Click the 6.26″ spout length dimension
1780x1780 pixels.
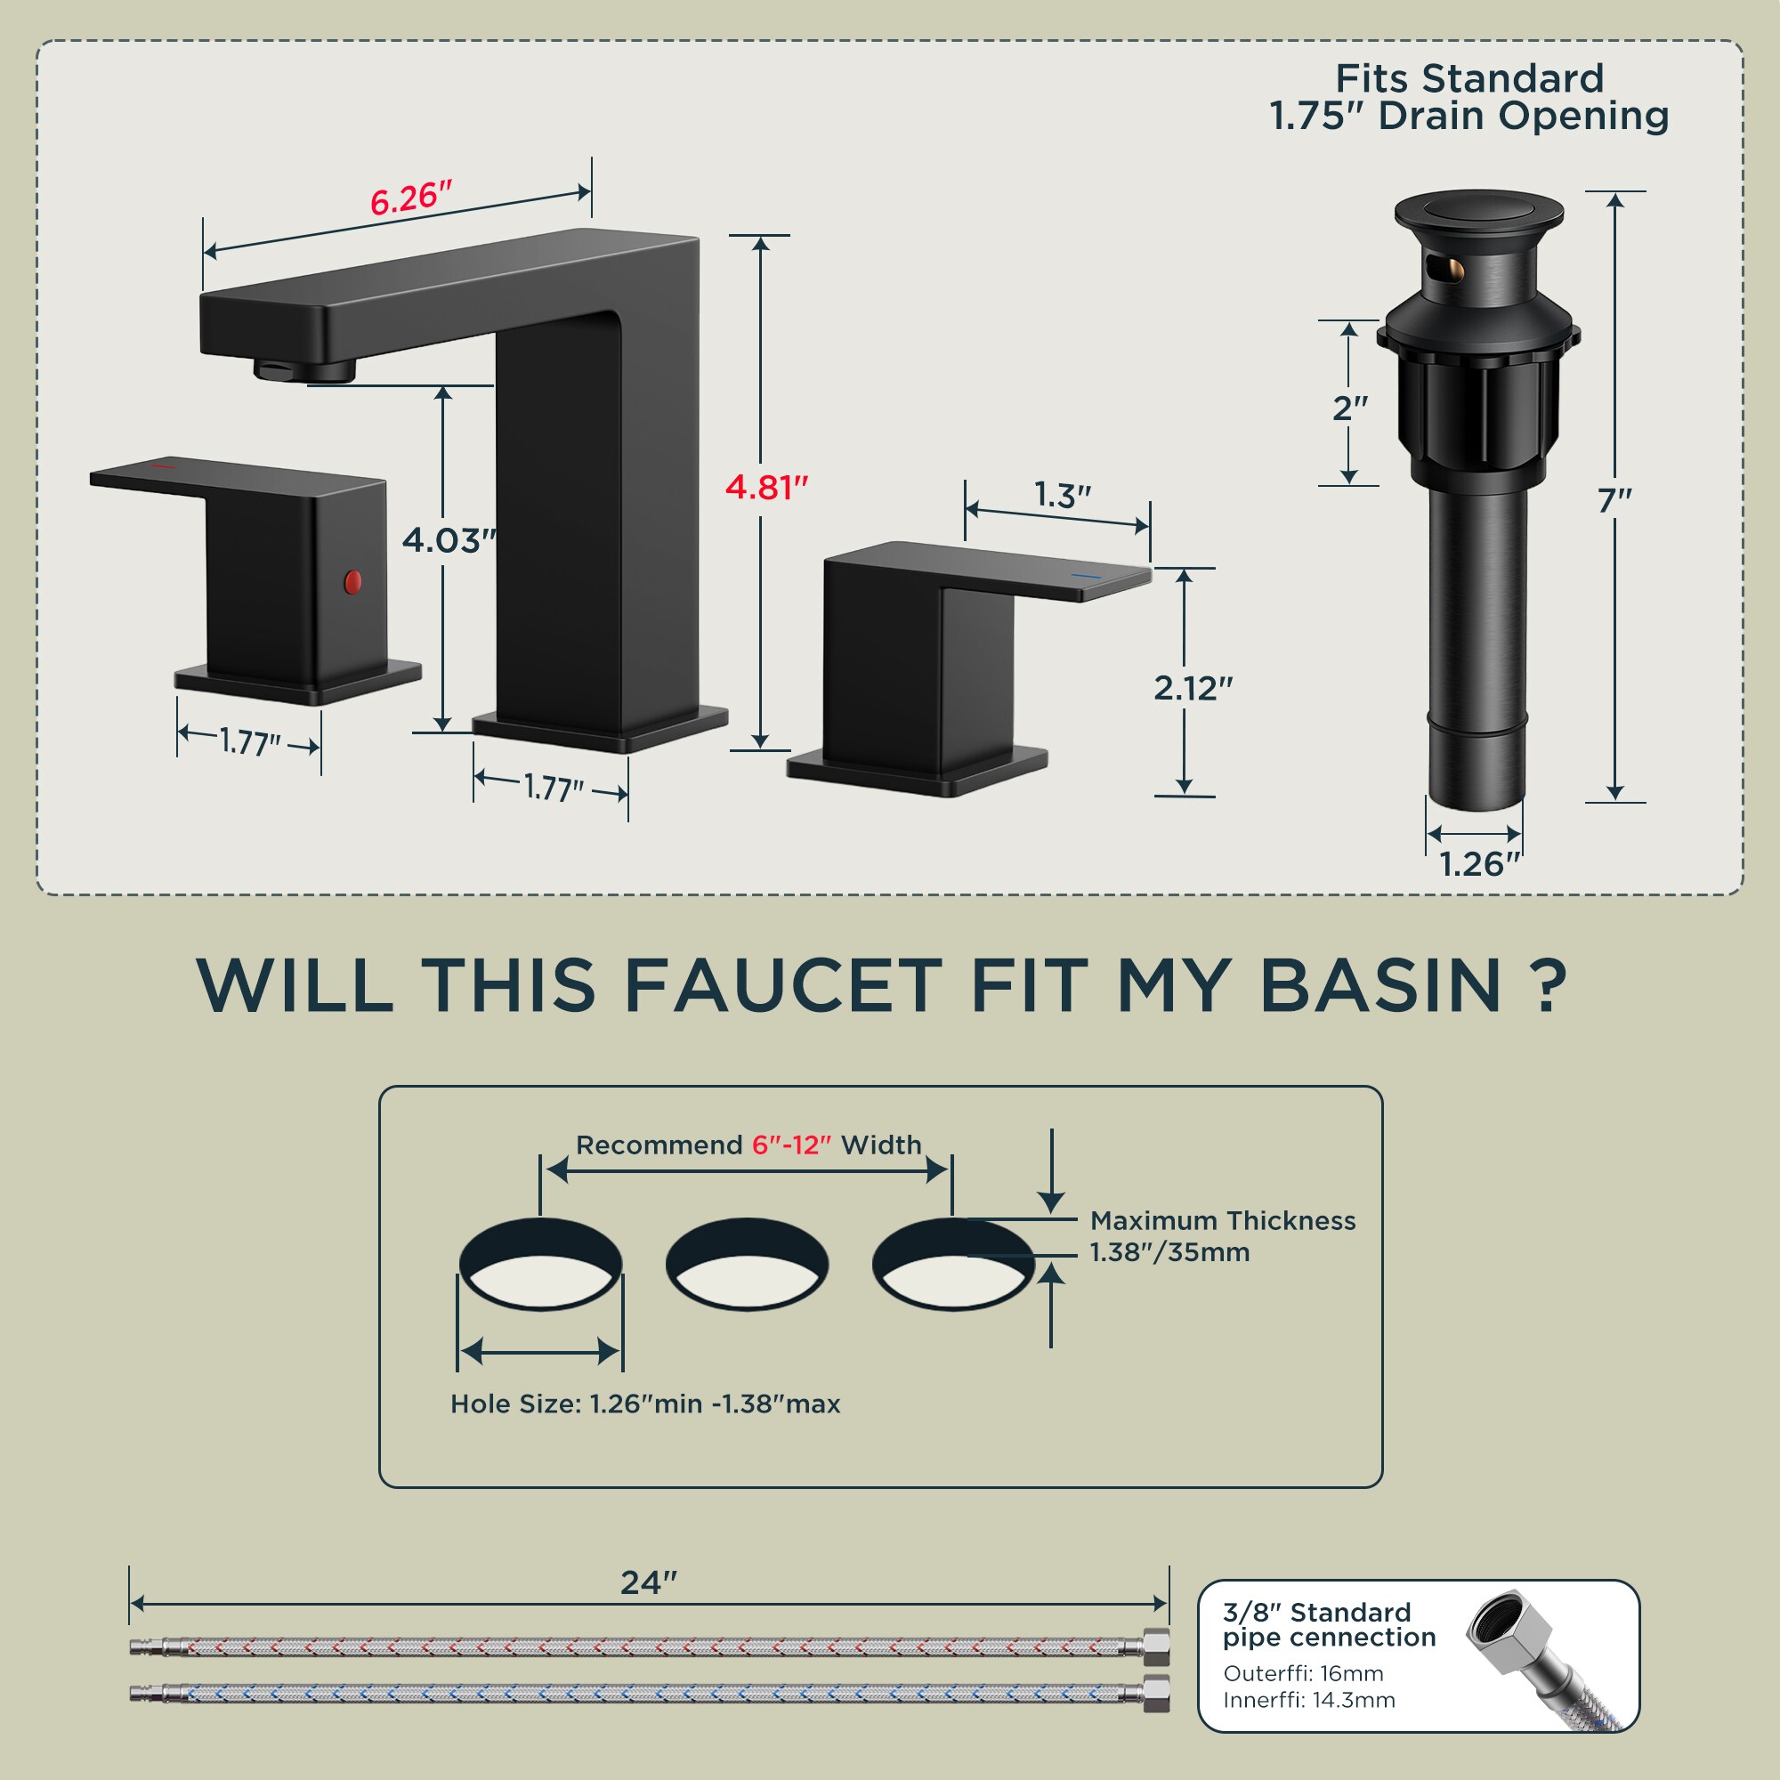[x=411, y=199]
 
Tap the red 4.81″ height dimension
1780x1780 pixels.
[x=765, y=488]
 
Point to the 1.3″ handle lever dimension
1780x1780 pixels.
[x=1063, y=496]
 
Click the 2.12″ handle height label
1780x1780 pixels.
[x=1193, y=688]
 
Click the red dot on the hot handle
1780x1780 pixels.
[x=352, y=581]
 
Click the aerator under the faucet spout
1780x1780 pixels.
[x=305, y=369]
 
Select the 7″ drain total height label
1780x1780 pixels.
[x=1614, y=501]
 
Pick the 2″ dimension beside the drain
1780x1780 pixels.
[x=1350, y=408]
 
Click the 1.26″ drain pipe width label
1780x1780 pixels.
[x=1478, y=864]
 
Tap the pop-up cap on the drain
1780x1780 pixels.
[x=1478, y=211]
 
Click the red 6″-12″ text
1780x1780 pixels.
[x=790, y=1145]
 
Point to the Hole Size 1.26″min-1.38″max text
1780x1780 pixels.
[x=645, y=1404]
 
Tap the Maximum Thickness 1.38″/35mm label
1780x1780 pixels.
[x=1222, y=1236]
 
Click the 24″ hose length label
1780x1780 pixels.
[x=648, y=1582]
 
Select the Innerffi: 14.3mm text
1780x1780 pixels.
[x=1308, y=1701]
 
